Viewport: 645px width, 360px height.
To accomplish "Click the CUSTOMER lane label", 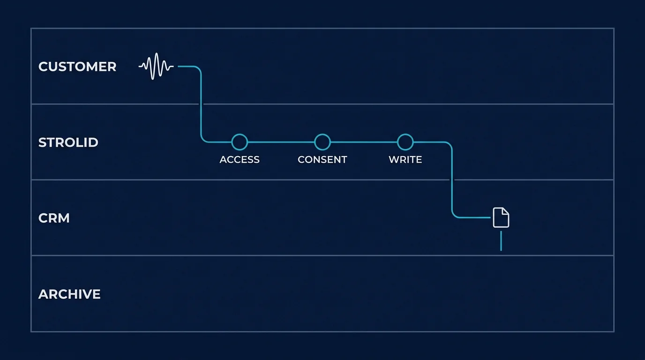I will pos(77,67).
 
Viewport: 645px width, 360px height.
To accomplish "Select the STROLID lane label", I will pos(68,142).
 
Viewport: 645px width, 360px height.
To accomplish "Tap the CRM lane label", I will pos(54,218).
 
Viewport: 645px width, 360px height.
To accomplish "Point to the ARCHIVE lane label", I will pos(69,294).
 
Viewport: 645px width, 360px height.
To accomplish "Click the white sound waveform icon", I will pos(156,67).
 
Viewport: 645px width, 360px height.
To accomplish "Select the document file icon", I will pos(501,217).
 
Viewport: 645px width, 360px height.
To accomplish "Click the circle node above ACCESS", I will pos(240,142).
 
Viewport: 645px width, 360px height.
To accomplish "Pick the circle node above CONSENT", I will pos(322,142).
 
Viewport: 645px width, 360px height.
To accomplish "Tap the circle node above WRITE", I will pos(405,142).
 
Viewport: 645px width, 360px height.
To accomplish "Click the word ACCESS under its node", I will pos(240,160).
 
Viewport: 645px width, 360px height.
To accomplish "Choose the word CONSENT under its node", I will pos(322,160).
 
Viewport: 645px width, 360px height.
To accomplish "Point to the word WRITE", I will pos(405,160).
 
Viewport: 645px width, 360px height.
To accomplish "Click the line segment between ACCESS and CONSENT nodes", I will pos(281,142).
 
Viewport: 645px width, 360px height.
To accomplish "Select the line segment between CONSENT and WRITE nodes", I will pos(364,142).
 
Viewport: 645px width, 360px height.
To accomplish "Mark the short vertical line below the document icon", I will pos(501,240).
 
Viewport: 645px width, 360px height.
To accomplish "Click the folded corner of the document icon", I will pos(506,211).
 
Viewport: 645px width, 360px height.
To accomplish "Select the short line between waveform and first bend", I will pos(187,67).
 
